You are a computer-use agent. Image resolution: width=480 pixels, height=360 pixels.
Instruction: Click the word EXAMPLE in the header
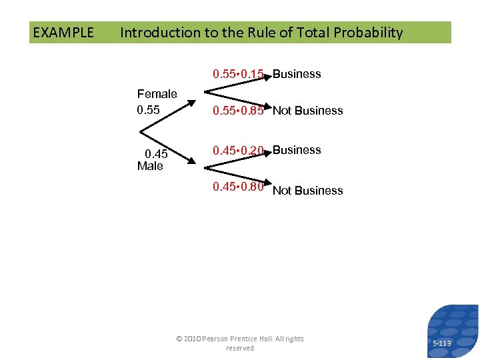tap(63, 33)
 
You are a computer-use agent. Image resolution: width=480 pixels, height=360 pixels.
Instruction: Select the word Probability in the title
tap(370, 33)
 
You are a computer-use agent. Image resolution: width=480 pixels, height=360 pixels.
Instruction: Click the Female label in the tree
tap(157, 94)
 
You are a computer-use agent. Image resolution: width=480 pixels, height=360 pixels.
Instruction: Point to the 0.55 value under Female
tap(148, 110)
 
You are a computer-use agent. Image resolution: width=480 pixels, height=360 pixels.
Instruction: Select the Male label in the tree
tap(150, 166)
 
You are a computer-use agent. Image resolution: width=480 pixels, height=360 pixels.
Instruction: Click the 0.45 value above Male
tap(156, 155)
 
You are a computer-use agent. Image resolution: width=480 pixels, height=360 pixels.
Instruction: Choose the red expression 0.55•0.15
tap(238, 74)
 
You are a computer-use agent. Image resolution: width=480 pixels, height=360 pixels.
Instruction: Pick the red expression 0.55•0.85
tap(238, 111)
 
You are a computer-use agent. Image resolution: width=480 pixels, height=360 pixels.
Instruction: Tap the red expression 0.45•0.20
tap(238, 151)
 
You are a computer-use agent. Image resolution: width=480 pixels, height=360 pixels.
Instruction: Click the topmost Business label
tap(297, 74)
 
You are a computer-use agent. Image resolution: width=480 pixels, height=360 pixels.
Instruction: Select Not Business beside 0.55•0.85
tap(308, 111)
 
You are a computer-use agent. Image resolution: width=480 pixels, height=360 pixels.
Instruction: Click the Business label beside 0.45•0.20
tap(297, 150)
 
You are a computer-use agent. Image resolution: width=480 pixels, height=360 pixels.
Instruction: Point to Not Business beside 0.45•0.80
tap(308, 191)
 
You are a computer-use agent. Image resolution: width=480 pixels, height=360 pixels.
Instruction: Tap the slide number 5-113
tap(441, 343)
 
